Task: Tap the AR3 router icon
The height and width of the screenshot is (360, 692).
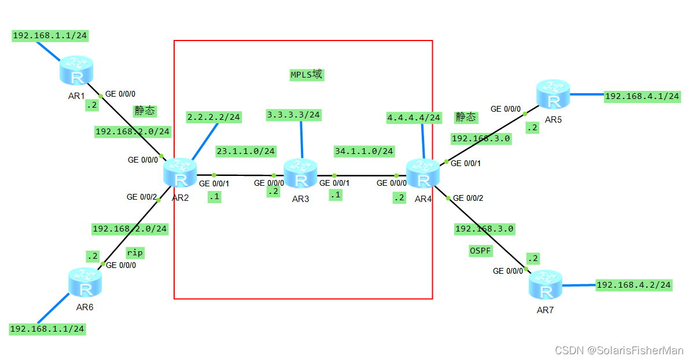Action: [301, 174]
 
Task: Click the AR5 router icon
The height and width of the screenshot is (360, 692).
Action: [553, 94]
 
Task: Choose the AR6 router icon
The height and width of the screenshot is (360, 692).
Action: [85, 283]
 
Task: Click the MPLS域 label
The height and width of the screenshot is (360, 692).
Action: [307, 75]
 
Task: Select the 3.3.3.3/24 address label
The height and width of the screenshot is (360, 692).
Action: [293, 115]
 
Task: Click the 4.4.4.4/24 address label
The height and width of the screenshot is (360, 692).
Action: [414, 117]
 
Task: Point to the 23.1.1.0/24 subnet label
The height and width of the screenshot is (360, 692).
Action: [245, 151]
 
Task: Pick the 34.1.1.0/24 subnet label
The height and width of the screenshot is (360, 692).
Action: [364, 151]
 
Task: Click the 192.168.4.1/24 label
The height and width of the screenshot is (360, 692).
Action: [642, 96]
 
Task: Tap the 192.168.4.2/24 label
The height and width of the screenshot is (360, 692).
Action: [634, 284]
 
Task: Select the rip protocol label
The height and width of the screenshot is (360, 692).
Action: [135, 252]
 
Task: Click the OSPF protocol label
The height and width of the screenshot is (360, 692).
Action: [480, 250]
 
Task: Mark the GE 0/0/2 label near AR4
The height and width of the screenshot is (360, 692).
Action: [468, 198]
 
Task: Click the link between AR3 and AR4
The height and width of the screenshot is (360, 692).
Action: [365, 175]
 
